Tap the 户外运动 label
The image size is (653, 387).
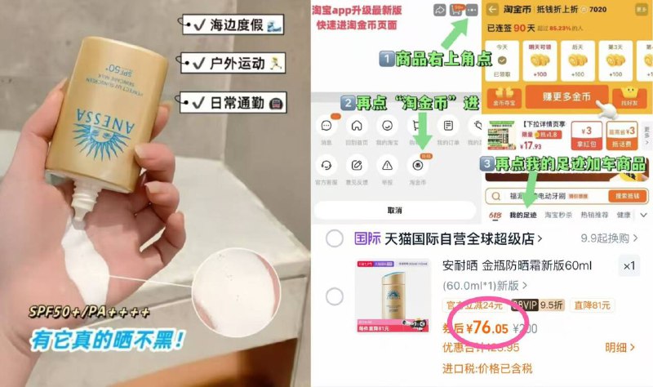coord(232,62)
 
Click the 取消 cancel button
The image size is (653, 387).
coord(394,210)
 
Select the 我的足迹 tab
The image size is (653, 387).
coord(522,216)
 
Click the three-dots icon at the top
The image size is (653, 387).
coord(473,10)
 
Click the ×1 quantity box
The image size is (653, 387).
coord(629,266)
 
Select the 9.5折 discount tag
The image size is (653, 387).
coord(552,306)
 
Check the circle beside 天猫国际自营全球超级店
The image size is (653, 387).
coord(335,239)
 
